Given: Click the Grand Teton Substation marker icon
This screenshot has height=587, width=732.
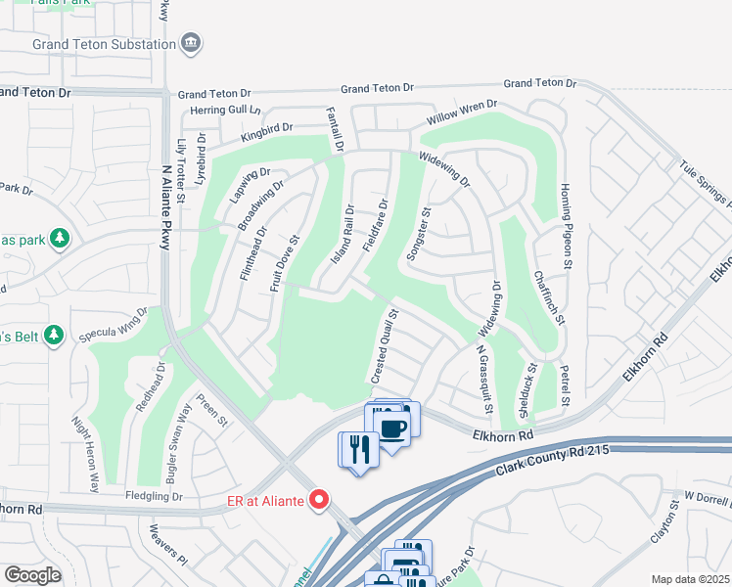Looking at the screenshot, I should pos(192,42).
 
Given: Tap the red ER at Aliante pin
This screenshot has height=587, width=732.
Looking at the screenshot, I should pos(318,500).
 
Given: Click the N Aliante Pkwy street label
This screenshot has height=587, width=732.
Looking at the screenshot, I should pos(166,207).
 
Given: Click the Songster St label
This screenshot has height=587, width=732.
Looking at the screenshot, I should pos(425,233).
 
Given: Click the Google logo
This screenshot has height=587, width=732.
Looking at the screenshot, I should pos(33,574).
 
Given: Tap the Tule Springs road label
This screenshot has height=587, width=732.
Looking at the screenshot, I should pos(705,185).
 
